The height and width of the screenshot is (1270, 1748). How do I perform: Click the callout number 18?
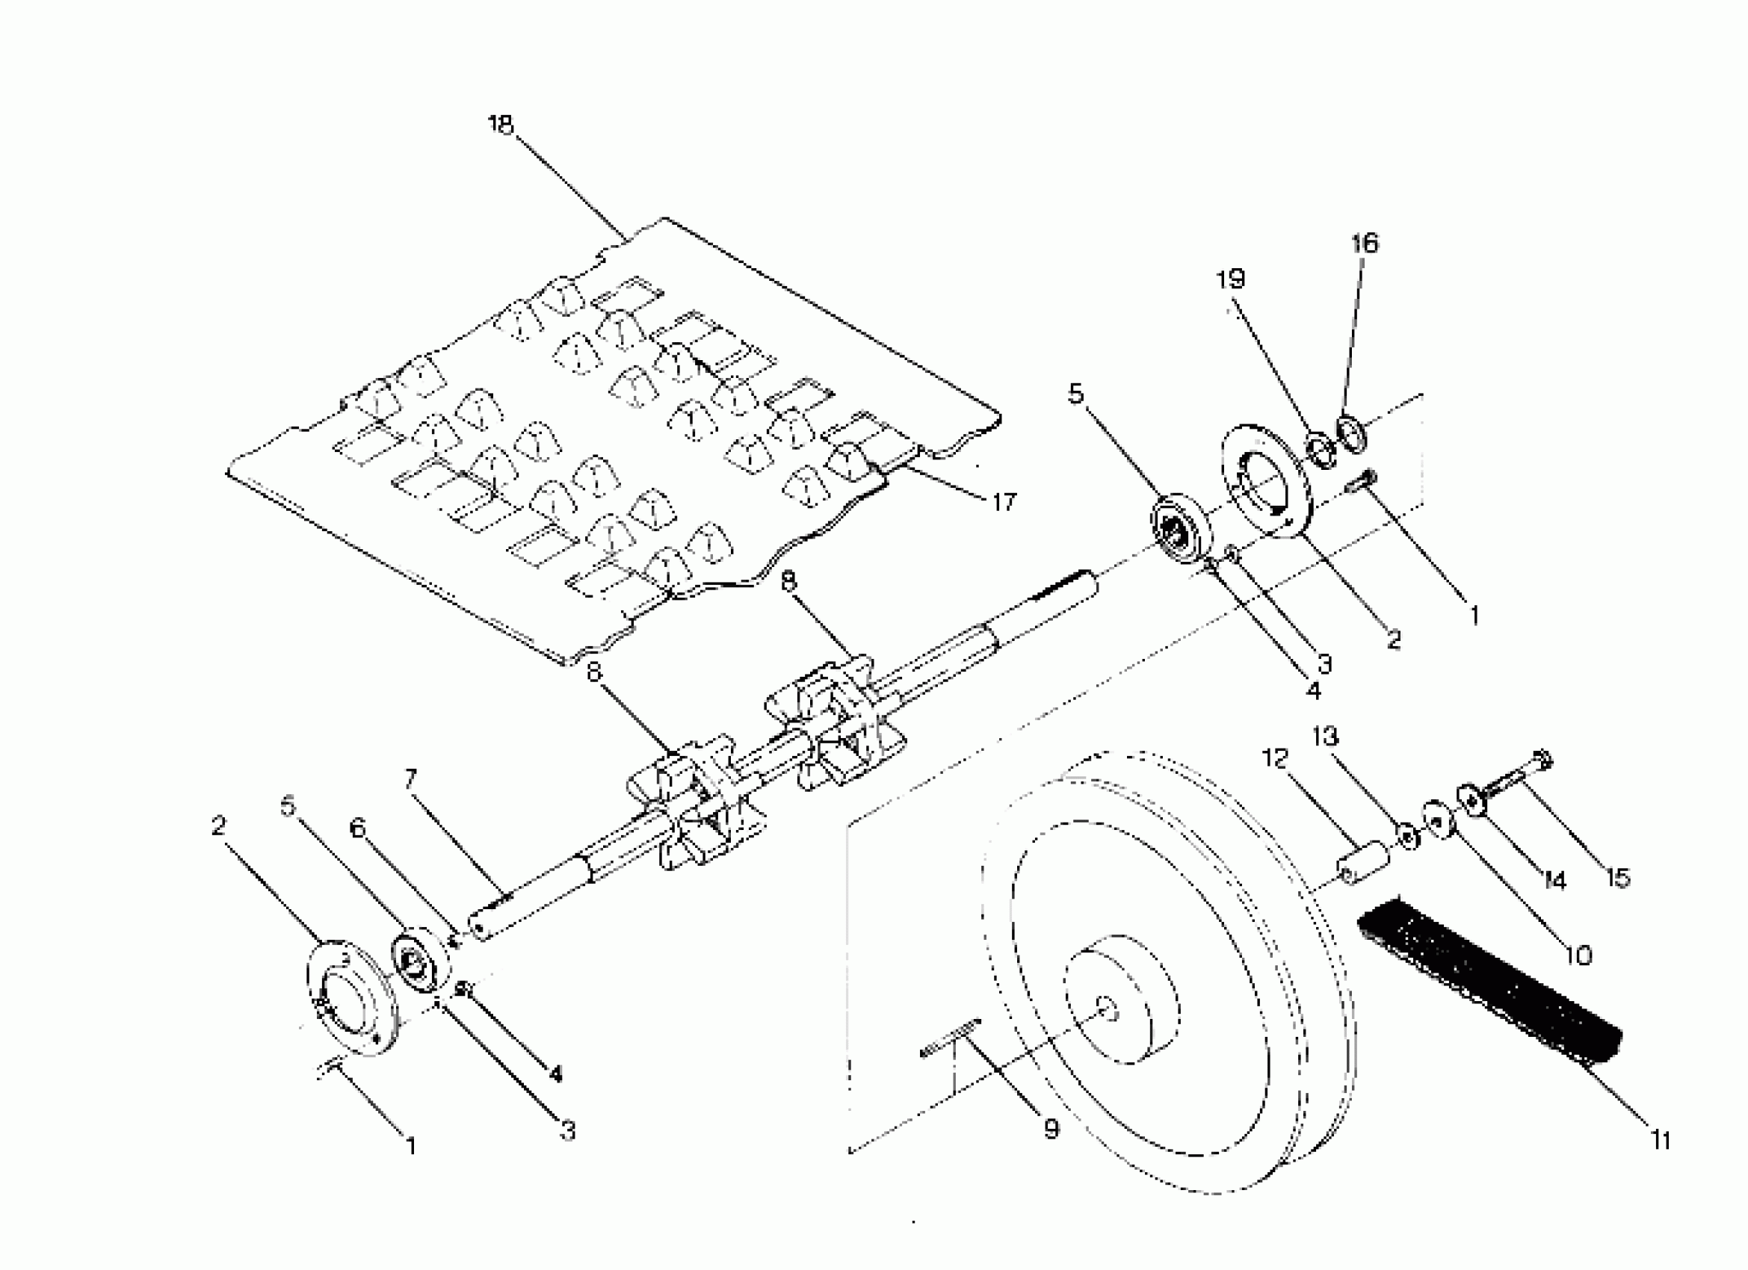pos(500,125)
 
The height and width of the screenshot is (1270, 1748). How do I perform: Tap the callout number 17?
pos(1004,503)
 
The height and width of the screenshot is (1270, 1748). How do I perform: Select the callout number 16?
pos(1364,244)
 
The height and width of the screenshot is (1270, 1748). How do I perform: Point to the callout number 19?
pos(1231,279)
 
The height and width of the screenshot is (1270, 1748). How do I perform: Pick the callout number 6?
pos(356,828)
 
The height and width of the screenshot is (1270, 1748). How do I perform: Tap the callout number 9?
pos(1051,1129)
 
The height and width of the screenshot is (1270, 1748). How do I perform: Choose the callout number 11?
pos(1660,1140)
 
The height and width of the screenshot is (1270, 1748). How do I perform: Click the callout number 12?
pos(1276,759)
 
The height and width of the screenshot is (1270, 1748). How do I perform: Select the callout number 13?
pos(1326,737)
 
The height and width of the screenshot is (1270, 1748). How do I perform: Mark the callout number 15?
pos(1619,878)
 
